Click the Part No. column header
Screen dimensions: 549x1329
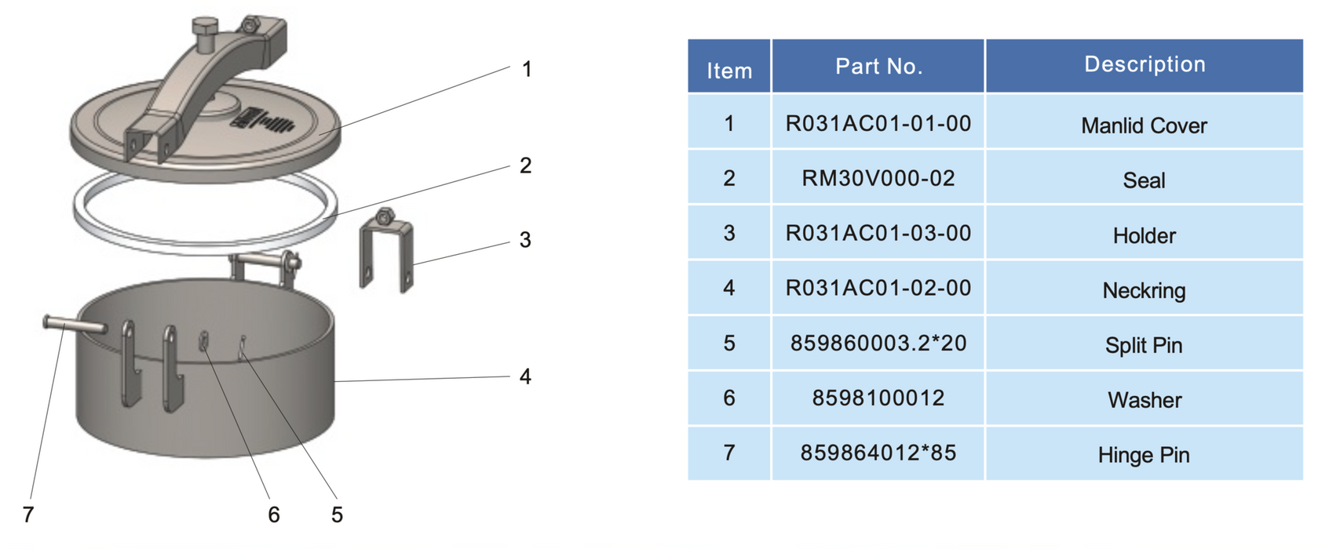coord(878,67)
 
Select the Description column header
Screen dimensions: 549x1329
coord(1144,64)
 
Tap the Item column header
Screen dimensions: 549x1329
coord(729,71)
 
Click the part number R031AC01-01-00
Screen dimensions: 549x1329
coord(878,124)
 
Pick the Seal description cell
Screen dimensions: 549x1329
coord(1144,180)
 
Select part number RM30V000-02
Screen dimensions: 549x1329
coord(878,179)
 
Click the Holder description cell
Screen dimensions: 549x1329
coord(1144,235)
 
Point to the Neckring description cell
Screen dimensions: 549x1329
coord(1144,290)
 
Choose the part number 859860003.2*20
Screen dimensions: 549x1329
coord(878,344)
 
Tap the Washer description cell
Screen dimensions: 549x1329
coord(1144,400)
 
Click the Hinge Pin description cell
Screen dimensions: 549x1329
coord(1144,455)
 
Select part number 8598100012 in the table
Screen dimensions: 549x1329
coord(878,398)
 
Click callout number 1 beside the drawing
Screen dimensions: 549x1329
coord(527,70)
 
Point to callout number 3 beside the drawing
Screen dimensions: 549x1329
coord(525,240)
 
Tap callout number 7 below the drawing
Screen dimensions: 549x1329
coord(28,514)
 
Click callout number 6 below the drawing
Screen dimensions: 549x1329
coord(273,514)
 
